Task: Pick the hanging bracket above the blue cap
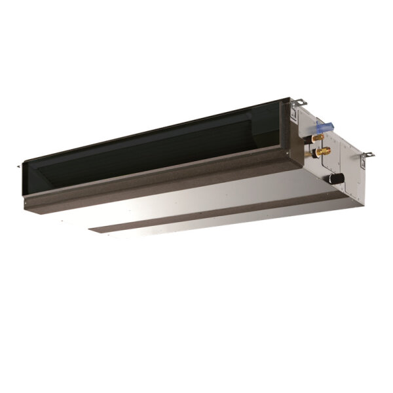coord(301,102)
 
